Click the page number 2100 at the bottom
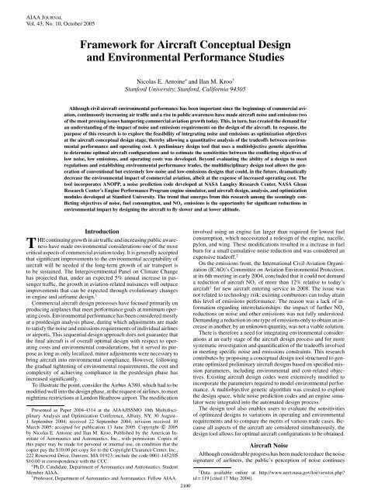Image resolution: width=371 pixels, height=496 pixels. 185,489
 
